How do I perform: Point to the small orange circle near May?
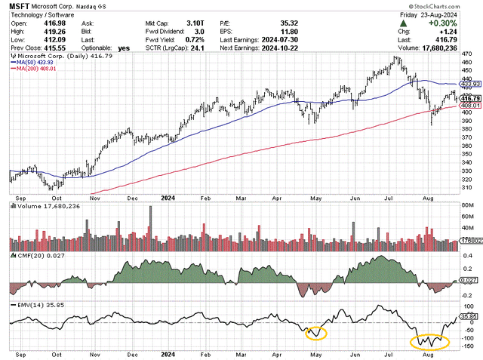pyautogui.click(x=315, y=332)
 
